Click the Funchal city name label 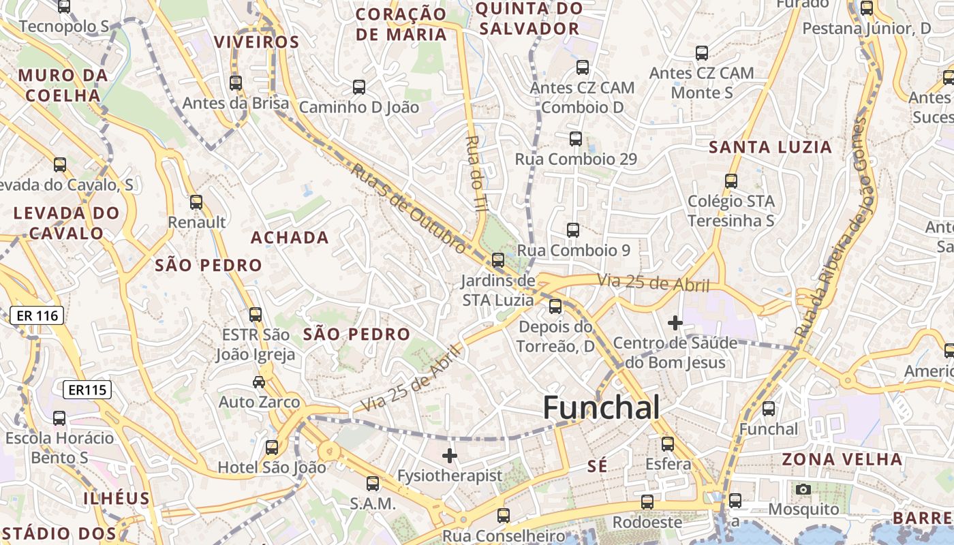pyautogui.click(x=601, y=407)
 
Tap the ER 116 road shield pyautogui.click(x=37, y=315)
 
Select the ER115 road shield pyautogui.click(x=87, y=390)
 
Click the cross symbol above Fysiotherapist pyautogui.click(x=449, y=456)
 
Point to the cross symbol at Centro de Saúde pyautogui.click(x=675, y=322)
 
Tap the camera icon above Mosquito pyautogui.click(x=803, y=489)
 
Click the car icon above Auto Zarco pyautogui.click(x=259, y=381)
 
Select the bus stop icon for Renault pyautogui.click(x=196, y=202)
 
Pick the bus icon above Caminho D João pyautogui.click(x=359, y=87)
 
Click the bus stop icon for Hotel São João pyautogui.click(x=272, y=448)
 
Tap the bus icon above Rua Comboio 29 pyautogui.click(x=576, y=139)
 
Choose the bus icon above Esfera pyautogui.click(x=668, y=444)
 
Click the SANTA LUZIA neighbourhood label pyautogui.click(x=771, y=147)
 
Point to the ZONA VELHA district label pyautogui.click(x=842, y=459)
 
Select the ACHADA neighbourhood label pyautogui.click(x=290, y=238)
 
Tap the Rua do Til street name pyautogui.click(x=475, y=173)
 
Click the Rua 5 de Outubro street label pyautogui.click(x=409, y=208)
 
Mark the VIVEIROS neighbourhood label pyautogui.click(x=257, y=42)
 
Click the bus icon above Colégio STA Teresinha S pyautogui.click(x=731, y=181)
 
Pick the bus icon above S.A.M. pyautogui.click(x=373, y=484)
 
